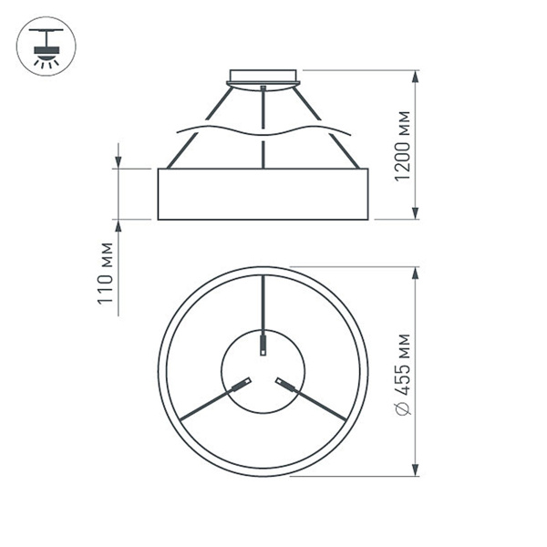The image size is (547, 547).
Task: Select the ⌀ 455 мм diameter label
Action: coord(408,374)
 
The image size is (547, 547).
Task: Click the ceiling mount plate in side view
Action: coord(264,76)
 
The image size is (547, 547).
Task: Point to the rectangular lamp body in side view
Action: coord(263,194)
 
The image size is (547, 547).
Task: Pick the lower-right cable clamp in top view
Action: coord(286,384)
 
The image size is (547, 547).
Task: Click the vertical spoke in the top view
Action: coord(263,301)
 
